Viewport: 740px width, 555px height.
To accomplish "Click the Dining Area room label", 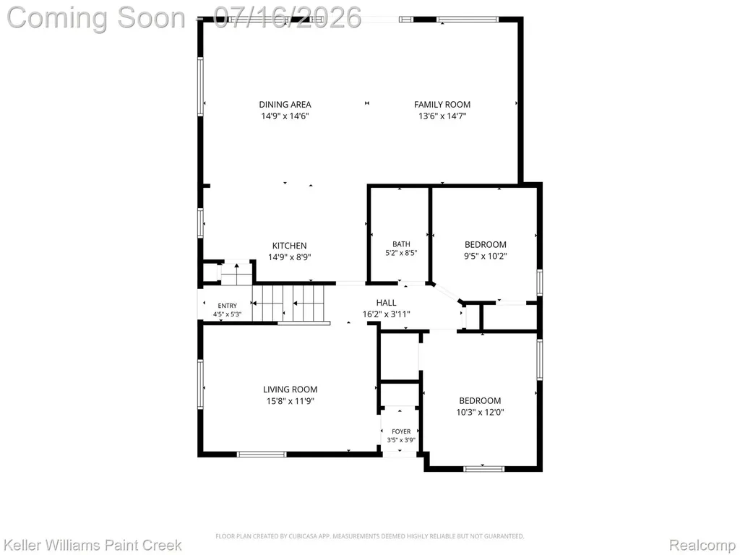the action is tap(285, 104).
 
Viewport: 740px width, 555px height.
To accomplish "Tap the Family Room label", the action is tap(442, 104).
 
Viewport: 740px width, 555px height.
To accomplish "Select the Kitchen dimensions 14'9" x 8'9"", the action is tap(290, 257).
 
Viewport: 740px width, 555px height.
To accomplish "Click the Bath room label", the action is tap(401, 244).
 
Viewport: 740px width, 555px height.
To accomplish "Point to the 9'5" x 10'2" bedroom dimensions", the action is tap(486, 257).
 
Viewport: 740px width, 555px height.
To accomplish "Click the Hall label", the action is tap(386, 303).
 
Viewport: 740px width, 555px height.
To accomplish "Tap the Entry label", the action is tap(228, 306).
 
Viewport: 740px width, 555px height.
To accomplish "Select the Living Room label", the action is tap(291, 390).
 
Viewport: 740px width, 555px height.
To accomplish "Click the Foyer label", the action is tap(401, 431).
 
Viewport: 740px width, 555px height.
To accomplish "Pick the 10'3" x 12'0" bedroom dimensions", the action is tap(480, 412).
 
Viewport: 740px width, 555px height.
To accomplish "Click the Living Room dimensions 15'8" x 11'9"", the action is tap(291, 401).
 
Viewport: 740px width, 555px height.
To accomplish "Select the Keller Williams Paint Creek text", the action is tap(92, 545).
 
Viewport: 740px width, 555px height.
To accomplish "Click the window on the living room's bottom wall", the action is tap(262, 455).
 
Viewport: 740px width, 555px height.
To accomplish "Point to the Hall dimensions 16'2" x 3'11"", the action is tap(386, 314).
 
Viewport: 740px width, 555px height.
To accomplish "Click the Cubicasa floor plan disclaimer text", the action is tap(369, 536).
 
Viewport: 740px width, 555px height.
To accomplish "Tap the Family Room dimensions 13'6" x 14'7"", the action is tap(442, 116).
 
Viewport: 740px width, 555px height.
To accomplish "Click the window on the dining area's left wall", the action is tap(201, 86).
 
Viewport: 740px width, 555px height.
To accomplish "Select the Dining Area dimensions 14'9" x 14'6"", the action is tap(285, 116).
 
